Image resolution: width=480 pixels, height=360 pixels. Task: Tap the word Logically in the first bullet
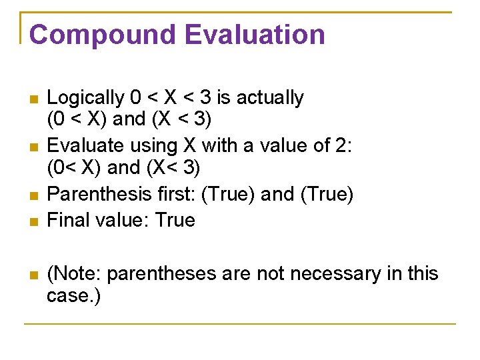85,98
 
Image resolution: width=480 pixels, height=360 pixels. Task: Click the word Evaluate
85,146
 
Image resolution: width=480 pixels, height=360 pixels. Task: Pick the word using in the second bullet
153,146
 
